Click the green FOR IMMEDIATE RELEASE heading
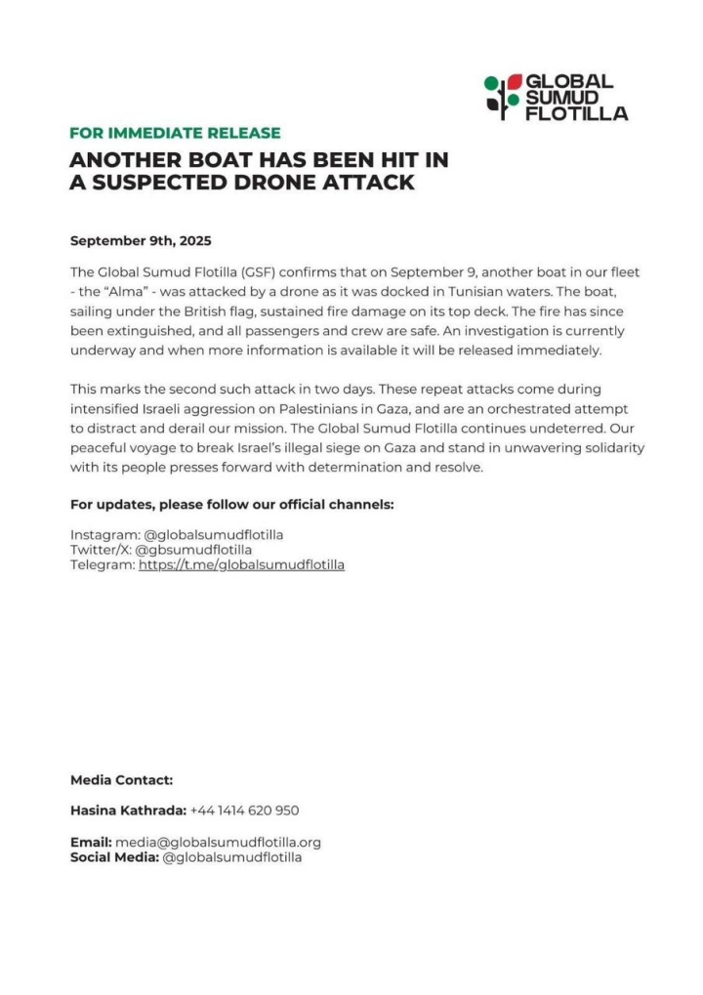(175, 133)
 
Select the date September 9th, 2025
(141, 240)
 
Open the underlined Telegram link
(241, 564)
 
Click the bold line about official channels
(231, 504)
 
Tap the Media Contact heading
(121, 780)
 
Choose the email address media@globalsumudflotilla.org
(218, 842)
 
